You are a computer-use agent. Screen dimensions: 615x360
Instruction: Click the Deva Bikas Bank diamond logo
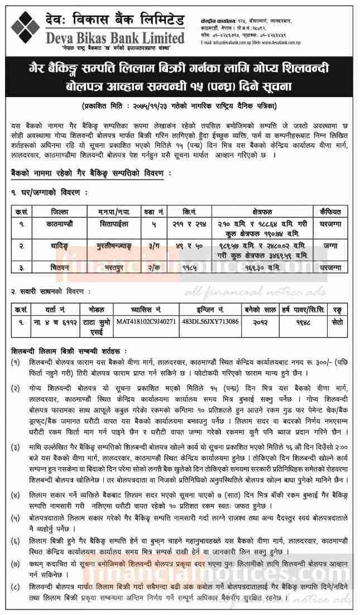tap(25, 25)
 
